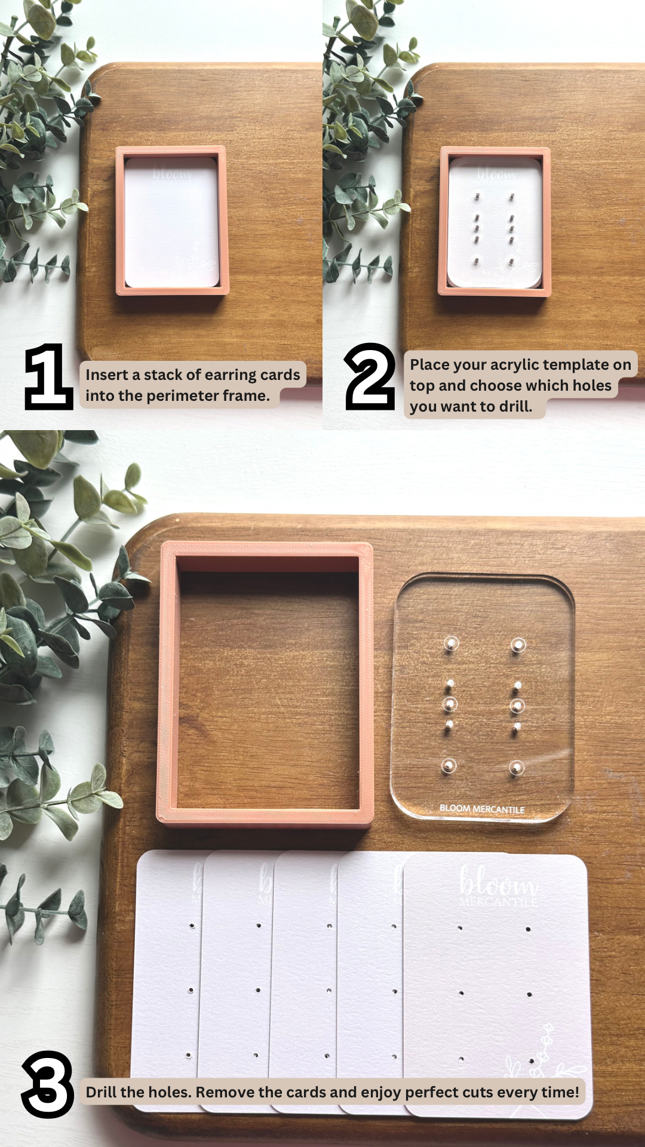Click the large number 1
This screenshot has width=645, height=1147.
(48, 376)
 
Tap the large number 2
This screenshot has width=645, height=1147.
(370, 376)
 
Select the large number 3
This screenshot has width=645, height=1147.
(48, 1084)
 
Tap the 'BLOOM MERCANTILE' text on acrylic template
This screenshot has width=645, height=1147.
(482, 809)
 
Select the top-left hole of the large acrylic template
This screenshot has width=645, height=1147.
(450, 644)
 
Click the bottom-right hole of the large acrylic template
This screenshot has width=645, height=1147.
(517, 768)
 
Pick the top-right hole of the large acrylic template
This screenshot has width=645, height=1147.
(518, 645)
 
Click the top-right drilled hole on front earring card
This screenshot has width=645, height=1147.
(529, 930)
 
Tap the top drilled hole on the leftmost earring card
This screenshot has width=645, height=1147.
(192, 926)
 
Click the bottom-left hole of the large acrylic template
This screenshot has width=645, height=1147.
(449, 766)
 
